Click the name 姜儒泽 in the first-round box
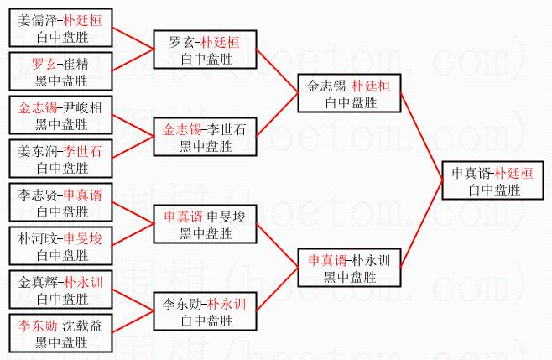[37, 20]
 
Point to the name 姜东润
[37, 151]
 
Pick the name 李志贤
[37, 195]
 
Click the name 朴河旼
[37, 238]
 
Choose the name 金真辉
[37, 282]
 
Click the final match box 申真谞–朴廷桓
[492, 180]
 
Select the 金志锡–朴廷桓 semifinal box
[349, 93]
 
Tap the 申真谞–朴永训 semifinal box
[349, 268]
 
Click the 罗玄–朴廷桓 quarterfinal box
[205, 50]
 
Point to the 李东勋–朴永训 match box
[205, 311]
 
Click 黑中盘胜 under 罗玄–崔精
[61, 81]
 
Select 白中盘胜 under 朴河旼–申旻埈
[62, 255]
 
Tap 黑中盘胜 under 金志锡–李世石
[206, 146]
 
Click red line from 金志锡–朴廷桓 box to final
[421, 136]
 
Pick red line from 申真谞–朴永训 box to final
[421, 224]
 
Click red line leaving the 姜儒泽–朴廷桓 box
[133, 38]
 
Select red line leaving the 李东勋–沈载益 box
[133, 322]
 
